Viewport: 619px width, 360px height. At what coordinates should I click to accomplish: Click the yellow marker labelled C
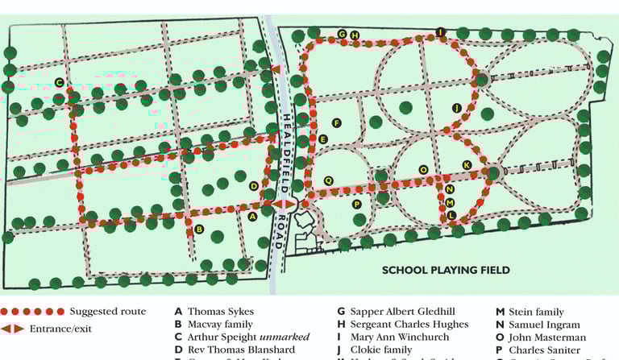click(x=60, y=82)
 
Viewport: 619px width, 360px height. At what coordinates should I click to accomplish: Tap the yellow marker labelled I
click(x=440, y=32)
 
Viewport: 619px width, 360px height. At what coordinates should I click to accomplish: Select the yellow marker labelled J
click(x=456, y=108)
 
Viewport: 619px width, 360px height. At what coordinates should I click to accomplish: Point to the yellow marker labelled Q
click(x=328, y=180)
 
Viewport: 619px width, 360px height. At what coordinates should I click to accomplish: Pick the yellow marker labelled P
click(x=356, y=205)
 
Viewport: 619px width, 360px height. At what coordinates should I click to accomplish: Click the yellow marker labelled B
click(x=198, y=230)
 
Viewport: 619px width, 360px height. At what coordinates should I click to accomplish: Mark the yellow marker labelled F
click(x=337, y=123)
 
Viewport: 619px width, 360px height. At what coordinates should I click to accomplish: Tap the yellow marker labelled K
click(x=466, y=165)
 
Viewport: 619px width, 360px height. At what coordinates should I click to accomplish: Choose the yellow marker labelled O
click(x=423, y=170)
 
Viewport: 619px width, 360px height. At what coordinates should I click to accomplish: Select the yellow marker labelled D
click(x=254, y=186)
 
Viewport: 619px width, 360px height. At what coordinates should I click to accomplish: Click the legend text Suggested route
click(x=107, y=312)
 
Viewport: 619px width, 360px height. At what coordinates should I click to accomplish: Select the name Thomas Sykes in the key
click(x=221, y=312)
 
